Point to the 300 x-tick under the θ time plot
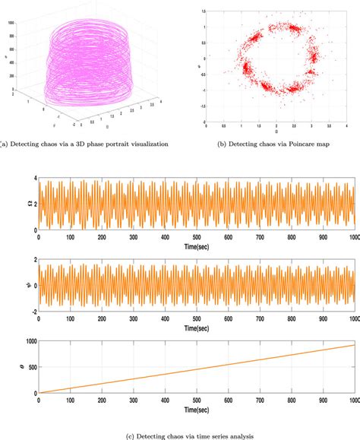coord(134,400)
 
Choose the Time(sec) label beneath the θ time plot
coord(197,410)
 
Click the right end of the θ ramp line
coord(354,345)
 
